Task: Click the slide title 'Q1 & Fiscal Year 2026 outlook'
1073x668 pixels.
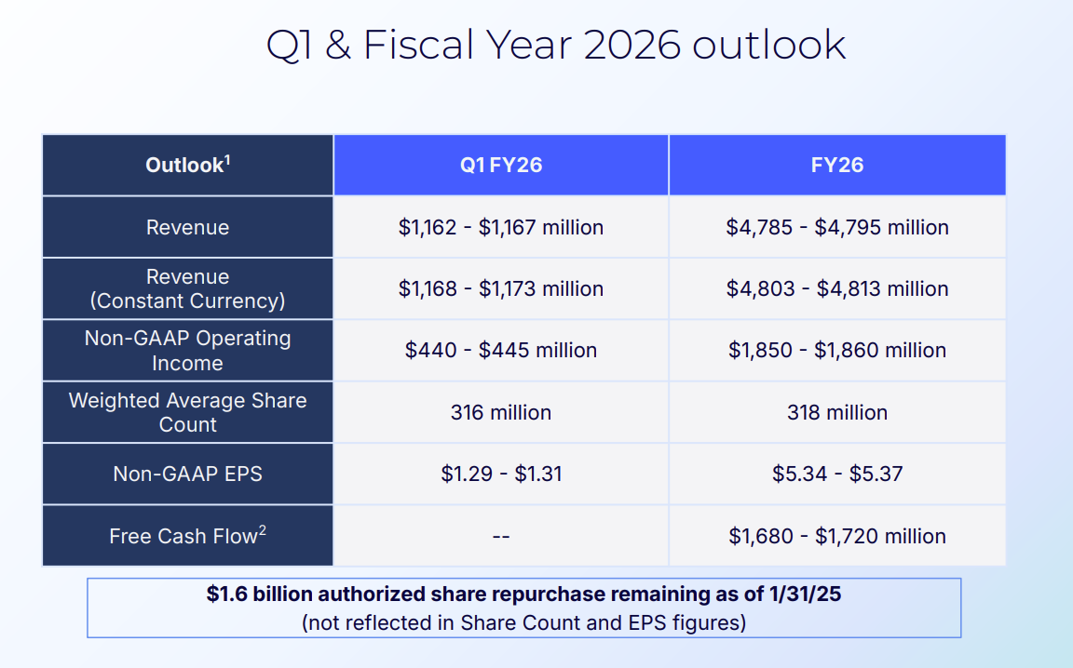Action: [556, 45]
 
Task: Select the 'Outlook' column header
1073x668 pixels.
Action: [187, 166]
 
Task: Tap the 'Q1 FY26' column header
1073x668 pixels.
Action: [501, 166]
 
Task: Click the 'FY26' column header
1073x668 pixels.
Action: [837, 166]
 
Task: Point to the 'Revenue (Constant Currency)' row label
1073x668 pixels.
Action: [187, 288]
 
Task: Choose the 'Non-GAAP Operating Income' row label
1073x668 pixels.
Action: [187, 351]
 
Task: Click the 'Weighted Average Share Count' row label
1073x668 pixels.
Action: [187, 412]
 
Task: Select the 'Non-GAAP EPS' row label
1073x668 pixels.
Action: [187, 474]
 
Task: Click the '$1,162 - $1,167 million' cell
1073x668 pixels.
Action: [501, 227]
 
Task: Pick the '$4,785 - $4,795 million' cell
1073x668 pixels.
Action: [837, 227]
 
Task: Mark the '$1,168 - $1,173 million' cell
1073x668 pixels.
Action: [501, 288]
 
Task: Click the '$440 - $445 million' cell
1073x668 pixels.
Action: [501, 351]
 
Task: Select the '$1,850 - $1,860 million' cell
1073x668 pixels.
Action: [837, 351]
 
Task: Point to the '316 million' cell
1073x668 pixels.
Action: [501, 412]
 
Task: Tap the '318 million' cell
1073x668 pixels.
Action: [837, 412]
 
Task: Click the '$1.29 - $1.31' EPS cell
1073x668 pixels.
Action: [501, 474]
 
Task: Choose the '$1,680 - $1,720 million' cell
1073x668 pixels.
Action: [837, 536]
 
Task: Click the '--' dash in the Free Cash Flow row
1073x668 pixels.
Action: [501, 537]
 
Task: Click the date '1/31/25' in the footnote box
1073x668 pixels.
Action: [806, 594]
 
